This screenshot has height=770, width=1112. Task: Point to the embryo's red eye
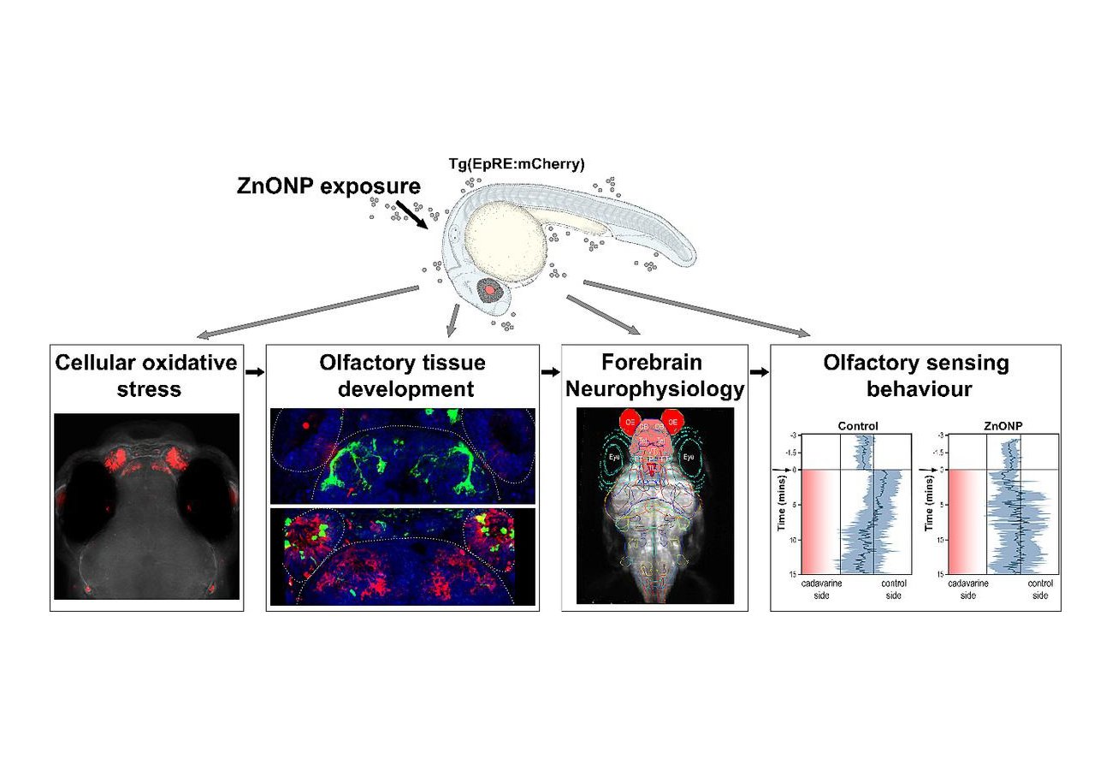489,289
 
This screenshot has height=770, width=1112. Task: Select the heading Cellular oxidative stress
146,376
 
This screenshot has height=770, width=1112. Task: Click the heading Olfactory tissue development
403,376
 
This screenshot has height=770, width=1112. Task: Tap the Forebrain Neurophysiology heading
654,376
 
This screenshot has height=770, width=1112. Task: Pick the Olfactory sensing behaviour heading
915,376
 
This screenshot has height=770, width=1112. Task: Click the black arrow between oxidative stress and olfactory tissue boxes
255,372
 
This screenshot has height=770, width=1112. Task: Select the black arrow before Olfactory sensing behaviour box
759,372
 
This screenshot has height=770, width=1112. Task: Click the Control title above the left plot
858,425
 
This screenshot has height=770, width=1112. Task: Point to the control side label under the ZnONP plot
1039,589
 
